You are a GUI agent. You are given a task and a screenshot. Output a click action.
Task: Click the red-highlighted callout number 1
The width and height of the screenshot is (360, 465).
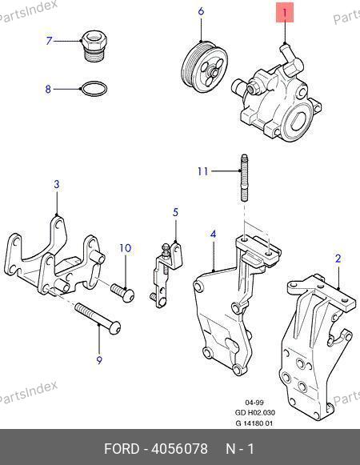point(285,13)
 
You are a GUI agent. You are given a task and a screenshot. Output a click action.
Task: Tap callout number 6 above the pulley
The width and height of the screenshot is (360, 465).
point(201,11)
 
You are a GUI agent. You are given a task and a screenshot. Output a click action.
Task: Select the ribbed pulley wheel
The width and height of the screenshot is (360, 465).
point(204,68)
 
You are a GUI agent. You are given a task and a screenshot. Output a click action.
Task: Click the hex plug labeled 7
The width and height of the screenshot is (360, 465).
point(94,46)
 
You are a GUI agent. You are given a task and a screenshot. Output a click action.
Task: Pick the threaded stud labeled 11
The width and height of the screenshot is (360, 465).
point(244,178)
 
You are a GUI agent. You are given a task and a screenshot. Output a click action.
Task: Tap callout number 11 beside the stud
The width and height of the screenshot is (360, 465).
point(203,171)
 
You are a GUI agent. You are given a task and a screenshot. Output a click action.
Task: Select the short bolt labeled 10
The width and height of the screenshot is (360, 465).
point(122,292)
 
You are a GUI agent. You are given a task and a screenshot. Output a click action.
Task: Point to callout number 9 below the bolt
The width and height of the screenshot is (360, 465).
point(99,360)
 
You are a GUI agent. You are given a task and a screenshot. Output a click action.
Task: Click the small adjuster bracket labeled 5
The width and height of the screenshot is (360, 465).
point(167,275)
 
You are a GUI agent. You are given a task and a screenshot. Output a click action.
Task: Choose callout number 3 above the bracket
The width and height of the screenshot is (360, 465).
point(57,184)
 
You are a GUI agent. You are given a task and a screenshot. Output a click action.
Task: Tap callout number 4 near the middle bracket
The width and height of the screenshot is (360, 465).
point(214,235)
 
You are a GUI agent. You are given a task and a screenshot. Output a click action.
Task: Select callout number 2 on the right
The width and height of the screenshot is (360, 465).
point(338,259)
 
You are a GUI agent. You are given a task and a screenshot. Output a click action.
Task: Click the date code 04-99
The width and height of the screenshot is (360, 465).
point(254,403)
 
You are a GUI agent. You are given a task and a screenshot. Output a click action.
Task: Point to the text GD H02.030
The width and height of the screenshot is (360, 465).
point(255,412)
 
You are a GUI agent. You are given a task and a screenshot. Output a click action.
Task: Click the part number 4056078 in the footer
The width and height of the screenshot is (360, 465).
point(179,449)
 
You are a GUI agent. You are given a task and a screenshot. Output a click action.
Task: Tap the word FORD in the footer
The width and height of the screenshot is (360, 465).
point(122,449)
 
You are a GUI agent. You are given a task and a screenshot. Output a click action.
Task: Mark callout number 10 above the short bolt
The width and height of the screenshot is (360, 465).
point(125,248)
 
